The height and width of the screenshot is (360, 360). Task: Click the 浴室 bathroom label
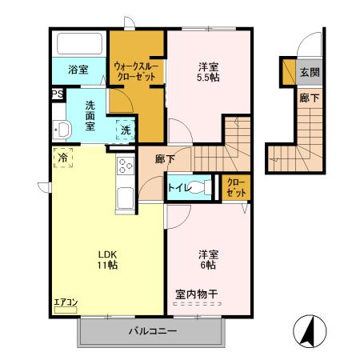(78, 70)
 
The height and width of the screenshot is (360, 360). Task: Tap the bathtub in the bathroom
(79, 44)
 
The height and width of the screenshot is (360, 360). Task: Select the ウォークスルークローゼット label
(137, 70)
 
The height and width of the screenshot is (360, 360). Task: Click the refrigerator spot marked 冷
(63, 158)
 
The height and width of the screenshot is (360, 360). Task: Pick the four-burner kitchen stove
(126, 166)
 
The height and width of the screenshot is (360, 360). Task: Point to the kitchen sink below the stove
(126, 197)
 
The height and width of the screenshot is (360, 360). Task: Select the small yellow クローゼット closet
(236, 188)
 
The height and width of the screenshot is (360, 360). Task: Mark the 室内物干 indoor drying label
(196, 295)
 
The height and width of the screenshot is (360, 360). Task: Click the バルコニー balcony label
(149, 331)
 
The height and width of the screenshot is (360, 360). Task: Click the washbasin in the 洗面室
(60, 130)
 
